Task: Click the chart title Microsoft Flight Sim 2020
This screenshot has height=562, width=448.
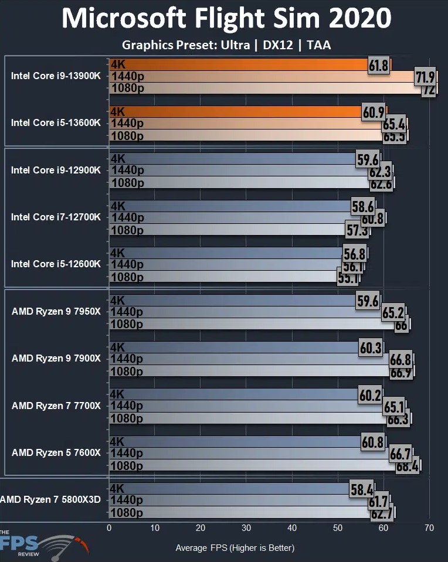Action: point(226,19)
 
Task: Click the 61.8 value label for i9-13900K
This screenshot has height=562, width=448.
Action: point(379,65)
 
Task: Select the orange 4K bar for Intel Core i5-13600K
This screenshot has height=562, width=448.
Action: point(235,111)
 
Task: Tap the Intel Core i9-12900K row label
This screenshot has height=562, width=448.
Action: point(56,170)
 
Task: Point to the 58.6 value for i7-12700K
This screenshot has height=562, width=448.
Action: point(363,206)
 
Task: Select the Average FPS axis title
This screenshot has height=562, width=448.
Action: point(235,548)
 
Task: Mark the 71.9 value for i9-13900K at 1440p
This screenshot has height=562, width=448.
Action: point(425,77)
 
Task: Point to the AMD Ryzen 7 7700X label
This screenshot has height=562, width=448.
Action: point(56,406)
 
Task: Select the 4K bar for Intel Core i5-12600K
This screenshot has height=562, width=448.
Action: point(226,253)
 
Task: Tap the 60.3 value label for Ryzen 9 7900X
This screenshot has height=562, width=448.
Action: point(371,348)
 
